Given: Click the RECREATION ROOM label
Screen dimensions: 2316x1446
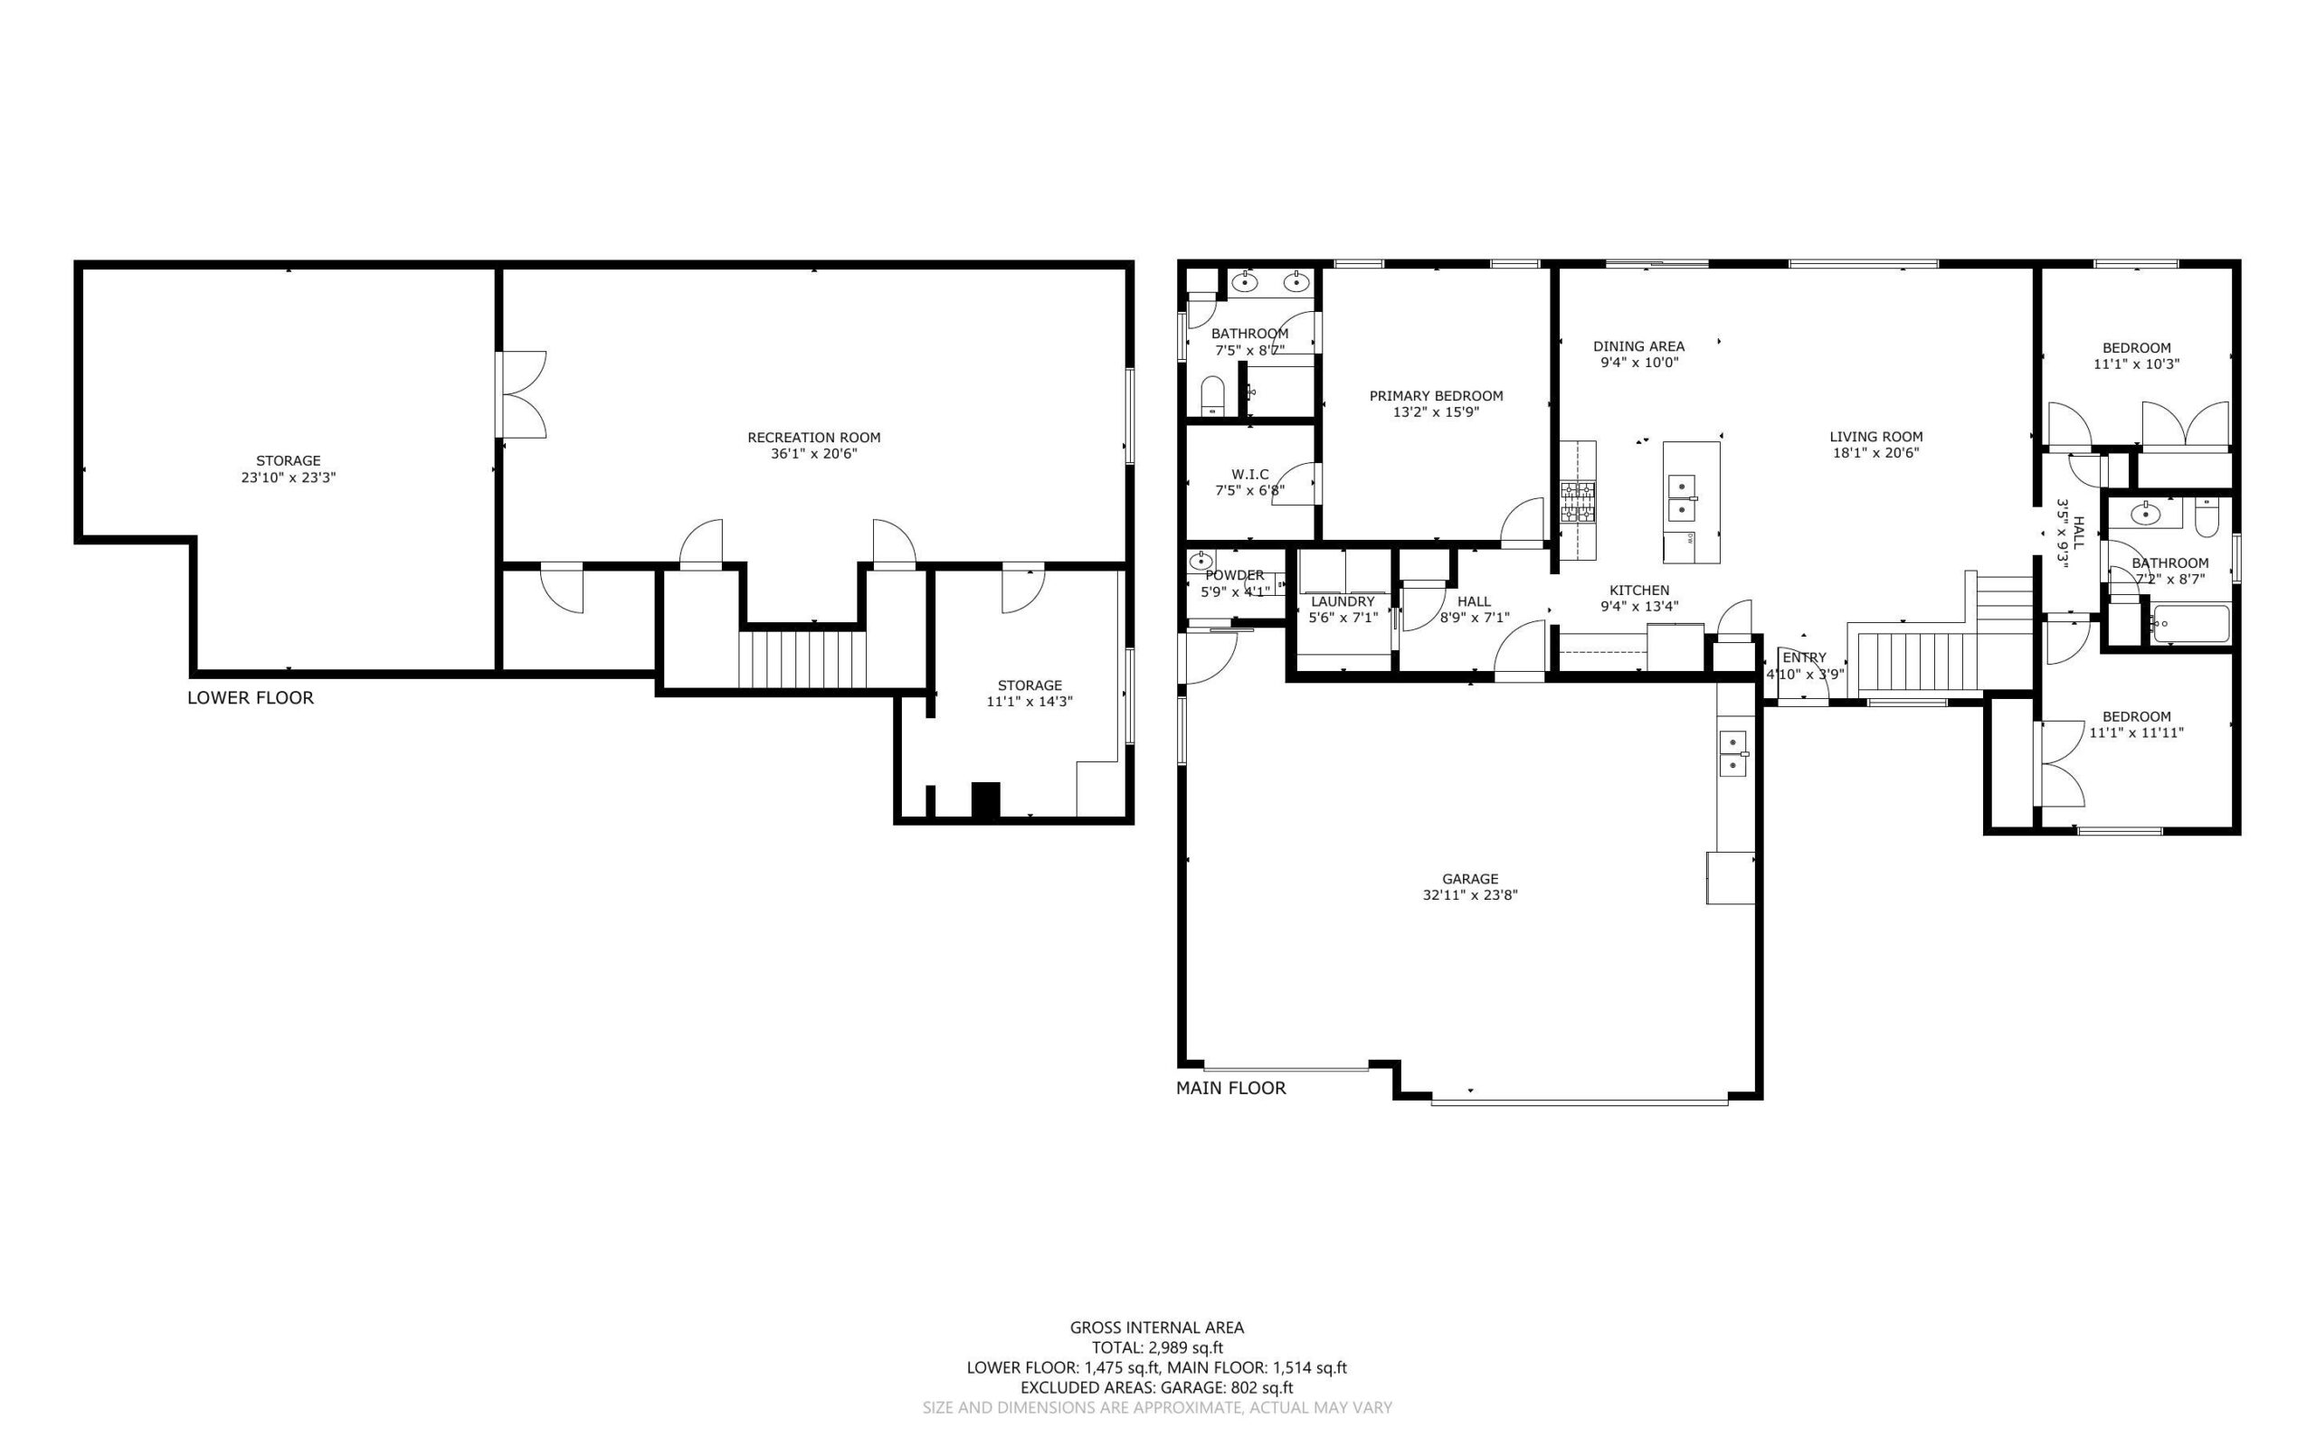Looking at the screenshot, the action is [x=813, y=437].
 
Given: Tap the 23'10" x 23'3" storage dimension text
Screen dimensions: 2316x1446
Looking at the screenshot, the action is [x=288, y=477].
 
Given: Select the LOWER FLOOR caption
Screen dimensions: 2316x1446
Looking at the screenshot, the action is [x=251, y=698].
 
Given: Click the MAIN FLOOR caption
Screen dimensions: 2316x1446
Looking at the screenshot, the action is [x=1230, y=1087].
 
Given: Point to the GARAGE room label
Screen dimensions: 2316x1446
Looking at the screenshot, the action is [x=1470, y=879].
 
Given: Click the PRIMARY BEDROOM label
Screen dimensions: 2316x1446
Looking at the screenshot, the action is [x=1436, y=396].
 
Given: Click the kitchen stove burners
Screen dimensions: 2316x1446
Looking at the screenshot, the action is [x=1578, y=502].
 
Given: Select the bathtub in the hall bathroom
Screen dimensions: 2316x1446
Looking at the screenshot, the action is [x=2188, y=624].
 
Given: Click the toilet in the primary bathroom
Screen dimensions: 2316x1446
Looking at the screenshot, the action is [x=1212, y=395].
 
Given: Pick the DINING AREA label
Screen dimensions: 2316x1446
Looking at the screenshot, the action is [x=1638, y=346].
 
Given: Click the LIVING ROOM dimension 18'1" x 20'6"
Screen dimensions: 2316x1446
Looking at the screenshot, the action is [x=1876, y=453].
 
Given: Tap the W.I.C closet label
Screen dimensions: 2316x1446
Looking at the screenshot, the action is [x=1250, y=475].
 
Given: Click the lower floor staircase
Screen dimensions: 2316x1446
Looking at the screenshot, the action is [x=802, y=658].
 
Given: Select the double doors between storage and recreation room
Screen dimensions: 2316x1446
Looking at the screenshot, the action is [x=520, y=395].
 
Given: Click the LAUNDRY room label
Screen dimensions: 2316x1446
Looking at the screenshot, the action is [x=1343, y=601].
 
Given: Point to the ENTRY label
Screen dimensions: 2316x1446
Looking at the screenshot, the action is [x=1804, y=658].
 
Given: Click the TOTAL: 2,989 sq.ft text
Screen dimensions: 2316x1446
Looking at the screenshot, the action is [x=1157, y=1348].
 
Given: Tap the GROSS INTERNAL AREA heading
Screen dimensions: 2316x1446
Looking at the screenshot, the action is [x=1156, y=1328].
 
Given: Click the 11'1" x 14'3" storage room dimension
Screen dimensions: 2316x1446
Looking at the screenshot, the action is [x=1030, y=702].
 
